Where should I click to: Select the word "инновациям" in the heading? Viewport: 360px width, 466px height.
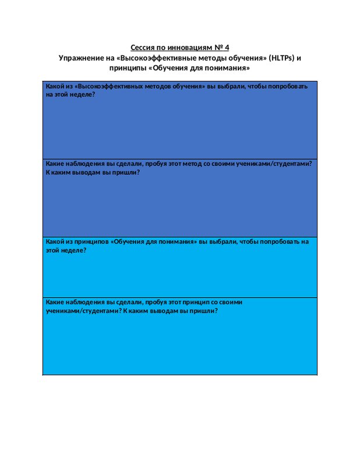[186, 47]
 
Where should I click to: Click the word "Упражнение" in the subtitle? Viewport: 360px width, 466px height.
[80, 58]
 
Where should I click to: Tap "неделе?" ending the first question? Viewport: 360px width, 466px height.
[83, 94]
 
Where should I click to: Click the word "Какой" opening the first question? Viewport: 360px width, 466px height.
[54, 86]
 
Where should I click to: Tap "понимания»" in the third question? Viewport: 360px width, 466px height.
[178, 242]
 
